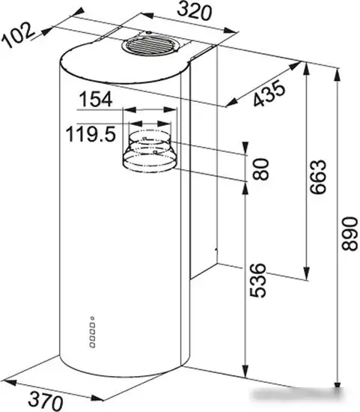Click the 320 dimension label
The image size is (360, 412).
194,11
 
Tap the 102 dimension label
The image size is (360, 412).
18,35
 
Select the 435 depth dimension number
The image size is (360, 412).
269,94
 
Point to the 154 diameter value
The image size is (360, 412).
96,99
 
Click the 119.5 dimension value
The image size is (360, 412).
91,134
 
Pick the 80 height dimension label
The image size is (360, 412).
260,169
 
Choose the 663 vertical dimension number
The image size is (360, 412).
317,177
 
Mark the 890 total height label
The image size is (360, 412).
350,233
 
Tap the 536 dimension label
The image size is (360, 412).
257,280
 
